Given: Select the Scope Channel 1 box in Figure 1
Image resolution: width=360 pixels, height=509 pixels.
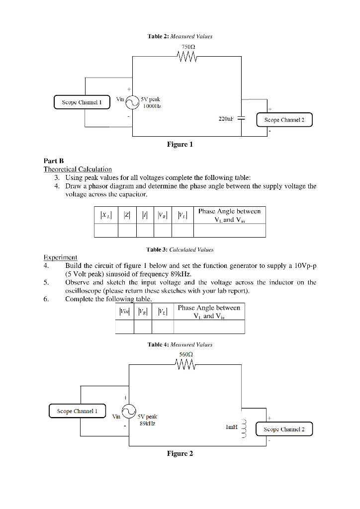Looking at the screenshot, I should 81,103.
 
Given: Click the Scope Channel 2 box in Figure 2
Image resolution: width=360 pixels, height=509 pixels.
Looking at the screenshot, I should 284,428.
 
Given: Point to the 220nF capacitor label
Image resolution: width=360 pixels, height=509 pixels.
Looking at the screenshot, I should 226,119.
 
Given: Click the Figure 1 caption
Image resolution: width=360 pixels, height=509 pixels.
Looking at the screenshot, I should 180,145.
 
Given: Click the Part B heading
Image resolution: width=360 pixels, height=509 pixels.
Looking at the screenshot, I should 51,162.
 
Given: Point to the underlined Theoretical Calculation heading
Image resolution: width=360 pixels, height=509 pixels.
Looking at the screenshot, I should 78,169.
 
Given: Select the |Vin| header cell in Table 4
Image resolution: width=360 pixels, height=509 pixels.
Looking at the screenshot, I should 124,312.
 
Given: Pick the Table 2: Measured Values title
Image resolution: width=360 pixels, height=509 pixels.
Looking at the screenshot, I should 180,36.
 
